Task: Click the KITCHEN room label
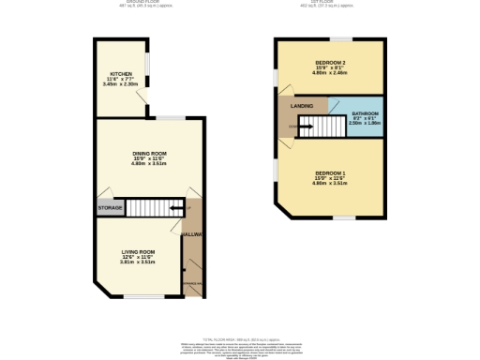click(x=121, y=73)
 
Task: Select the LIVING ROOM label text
click(x=136, y=251)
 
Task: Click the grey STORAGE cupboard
click(x=109, y=207)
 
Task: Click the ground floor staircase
click(x=151, y=207)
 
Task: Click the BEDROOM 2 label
click(x=328, y=62)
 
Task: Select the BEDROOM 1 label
click(x=329, y=173)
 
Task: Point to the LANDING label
click(x=302, y=106)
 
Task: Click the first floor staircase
click(x=327, y=125)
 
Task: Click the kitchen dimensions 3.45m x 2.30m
click(x=121, y=84)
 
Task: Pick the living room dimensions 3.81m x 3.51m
click(x=136, y=262)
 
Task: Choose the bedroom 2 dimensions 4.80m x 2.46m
click(x=329, y=73)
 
